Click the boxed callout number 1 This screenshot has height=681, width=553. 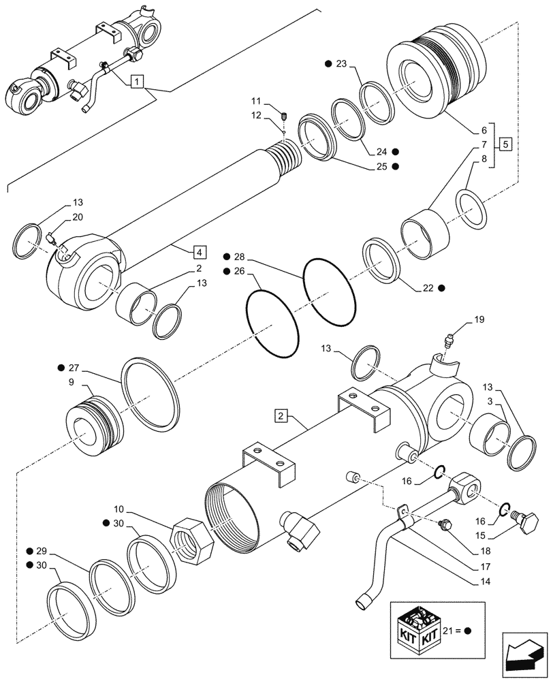pyautogui.click(x=138, y=82)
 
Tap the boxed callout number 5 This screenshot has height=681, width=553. pyautogui.click(x=503, y=144)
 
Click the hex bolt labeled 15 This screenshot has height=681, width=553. pyautogui.click(x=526, y=524)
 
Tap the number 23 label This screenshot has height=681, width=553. pyautogui.click(x=341, y=64)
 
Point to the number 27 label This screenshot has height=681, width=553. pyautogui.click(x=74, y=368)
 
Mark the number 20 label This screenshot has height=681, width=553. pyautogui.click(x=77, y=217)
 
